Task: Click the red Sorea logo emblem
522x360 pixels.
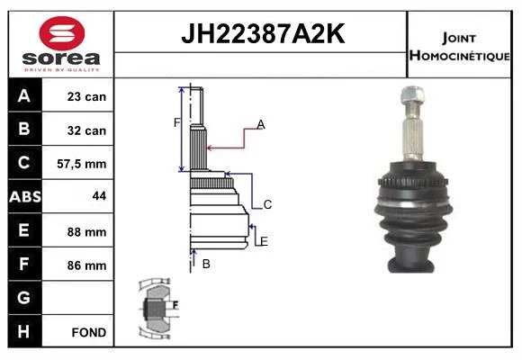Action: (62, 33)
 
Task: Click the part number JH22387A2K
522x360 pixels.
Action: (263, 33)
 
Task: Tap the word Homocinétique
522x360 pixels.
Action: (459, 55)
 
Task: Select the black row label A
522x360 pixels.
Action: (24, 95)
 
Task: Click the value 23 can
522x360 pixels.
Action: (86, 96)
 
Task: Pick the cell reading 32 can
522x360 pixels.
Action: (86, 130)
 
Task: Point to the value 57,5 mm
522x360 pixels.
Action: (82, 164)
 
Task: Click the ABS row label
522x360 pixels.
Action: (25, 196)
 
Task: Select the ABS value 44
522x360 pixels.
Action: (99, 196)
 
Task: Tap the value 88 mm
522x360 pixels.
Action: (86, 232)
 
